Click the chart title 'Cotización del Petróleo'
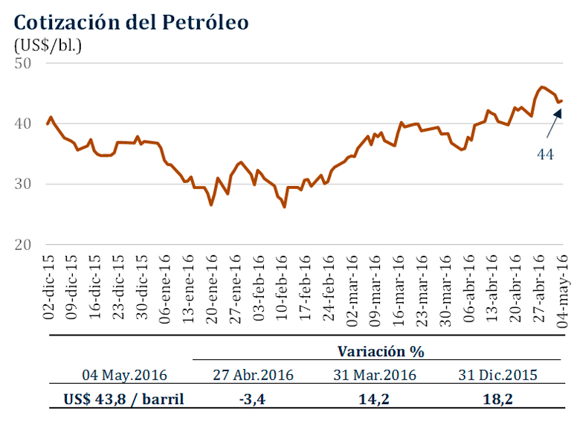click(131, 22)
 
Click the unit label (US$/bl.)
click(48, 44)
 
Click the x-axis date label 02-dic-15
click(48, 286)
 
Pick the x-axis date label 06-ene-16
click(164, 286)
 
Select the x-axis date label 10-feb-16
click(281, 286)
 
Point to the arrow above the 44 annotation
click(551, 123)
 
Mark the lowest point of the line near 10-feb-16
click(285, 206)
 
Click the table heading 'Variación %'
click(380, 351)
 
